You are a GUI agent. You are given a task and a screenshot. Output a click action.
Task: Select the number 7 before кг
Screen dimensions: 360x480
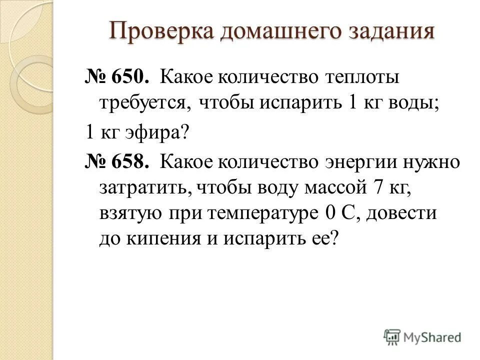click(x=377, y=188)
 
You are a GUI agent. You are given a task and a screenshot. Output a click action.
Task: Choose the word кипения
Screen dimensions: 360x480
click(x=159, y=238)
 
